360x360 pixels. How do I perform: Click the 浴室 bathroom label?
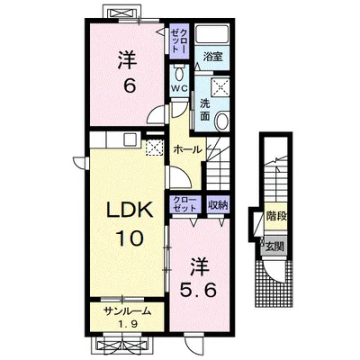pyautogui.click(x=212, y=57)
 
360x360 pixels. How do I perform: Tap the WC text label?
pyautogui.click(x=179, y=88)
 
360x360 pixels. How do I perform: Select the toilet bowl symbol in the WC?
pyautogui.click(x=179, y=73)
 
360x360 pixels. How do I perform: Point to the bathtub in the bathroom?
pyautogui.click(x=212, y=34)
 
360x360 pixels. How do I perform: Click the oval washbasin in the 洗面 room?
pyautogui.click(x=223, y=120)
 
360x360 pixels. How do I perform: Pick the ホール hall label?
pyautogui.click(x=187, y=149)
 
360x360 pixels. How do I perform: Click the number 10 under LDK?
pyautogui.click(x=130, y=238)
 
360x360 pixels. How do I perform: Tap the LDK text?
pyautogui.click(x=130, y=211)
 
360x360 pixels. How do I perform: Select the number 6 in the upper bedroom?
pyautogui.click(x=130, y=86)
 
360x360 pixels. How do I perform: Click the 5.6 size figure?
pyautogui.click(x=198, y=290)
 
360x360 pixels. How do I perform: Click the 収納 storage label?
pyautogui.click(x=218, y=205)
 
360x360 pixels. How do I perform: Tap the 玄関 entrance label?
pyautogui.click(x=274, y=247)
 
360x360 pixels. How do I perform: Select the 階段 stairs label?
pyautogui.click(x=275, y=217)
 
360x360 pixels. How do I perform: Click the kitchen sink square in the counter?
pyautogui.click(x=130, y=139)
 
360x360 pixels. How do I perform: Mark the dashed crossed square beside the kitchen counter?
pyautogui.click(x=154, y=148)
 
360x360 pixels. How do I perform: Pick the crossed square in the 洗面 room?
pyautogui.click(x=220, y=86)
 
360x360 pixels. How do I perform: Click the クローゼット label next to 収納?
pyautogui.click(x=184, y=204)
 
